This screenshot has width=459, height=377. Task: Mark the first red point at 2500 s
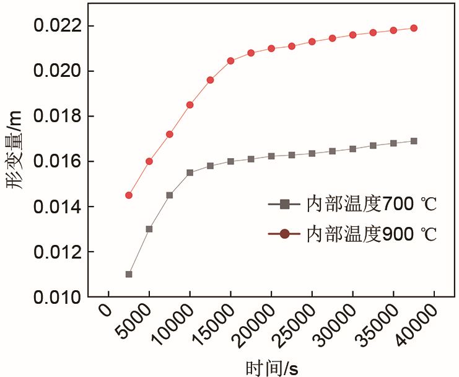(x=129, y=195)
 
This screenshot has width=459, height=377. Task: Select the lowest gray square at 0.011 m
(x=129, y=274)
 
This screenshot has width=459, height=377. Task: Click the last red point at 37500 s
(x=414, y=28)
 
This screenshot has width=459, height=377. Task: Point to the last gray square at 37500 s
(x=414, y=141)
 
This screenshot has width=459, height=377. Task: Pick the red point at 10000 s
(x=190, y=105)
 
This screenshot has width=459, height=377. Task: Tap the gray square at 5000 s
(x=149, y=229)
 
